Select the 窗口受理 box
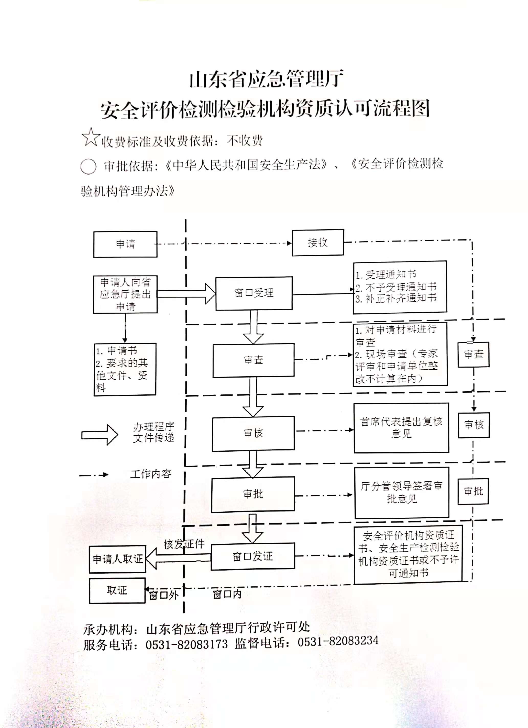tap(254, 293)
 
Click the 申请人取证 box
tap(118, 559)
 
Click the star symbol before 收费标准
tap(91, 137)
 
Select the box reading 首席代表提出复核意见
tap(401, 428)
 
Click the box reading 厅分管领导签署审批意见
tap(401, 493)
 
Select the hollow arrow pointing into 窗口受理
tap(186, 293)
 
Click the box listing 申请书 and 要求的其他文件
tap(125, 369)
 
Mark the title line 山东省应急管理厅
tap(266, 79)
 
